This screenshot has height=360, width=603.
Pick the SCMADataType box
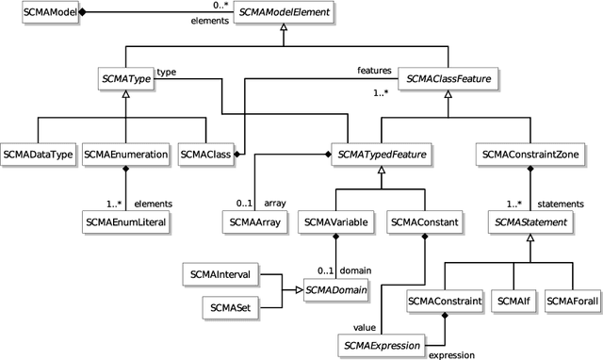(x=38, y=153)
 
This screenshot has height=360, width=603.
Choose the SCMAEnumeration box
(x=125, y=153)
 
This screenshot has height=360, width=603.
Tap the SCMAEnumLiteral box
(x=126, y=222)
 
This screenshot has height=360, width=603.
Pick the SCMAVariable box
(x=335, y=222)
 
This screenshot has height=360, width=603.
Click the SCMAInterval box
(x=219, y=274)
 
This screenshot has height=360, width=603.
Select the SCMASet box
(x=230, y=306)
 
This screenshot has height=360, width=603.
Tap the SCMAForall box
(x=573, y=302)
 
